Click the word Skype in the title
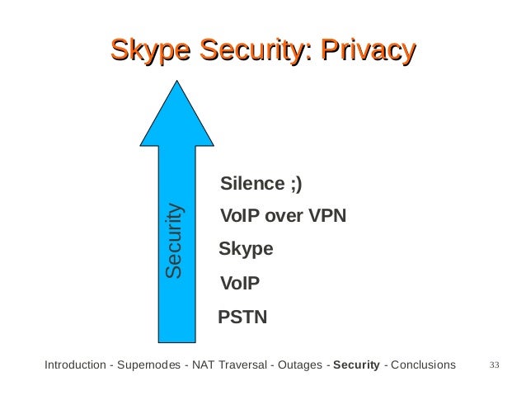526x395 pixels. pyautogui.click(x=149, y=50)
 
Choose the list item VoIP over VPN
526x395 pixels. pyautogui.click(x=284, y=216)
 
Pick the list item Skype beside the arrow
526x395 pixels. pyautogui.click(x=246, y=249)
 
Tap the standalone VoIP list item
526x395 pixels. pyautogui.click(x=240, y=284)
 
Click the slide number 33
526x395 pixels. pyautogui.click(x=495, y=364)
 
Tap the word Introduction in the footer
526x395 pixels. pyautogui.click(x=73, y=364)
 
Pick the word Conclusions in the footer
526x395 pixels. pyautogui.click(x=422, y=364)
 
